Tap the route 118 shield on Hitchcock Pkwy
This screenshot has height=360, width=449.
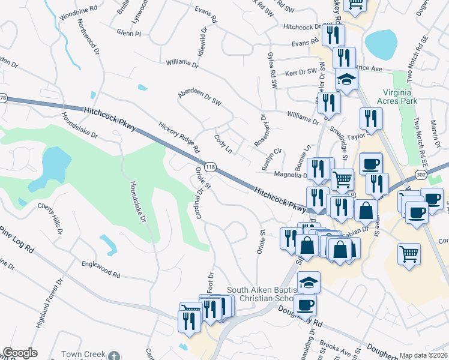pos(210,166)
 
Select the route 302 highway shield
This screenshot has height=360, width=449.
pos(421,174)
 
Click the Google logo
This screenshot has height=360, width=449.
pos(20,353)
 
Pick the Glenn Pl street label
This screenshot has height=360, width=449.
pos(129,34)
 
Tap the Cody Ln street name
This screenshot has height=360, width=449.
pos(223,143)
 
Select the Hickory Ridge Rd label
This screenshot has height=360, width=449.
pos(178,137)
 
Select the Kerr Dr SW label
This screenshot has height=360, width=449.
pos(300,71)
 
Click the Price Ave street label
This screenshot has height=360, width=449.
pos(369,69)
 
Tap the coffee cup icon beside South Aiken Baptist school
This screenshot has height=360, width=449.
pos(306,304)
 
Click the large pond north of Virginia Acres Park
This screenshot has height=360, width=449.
pos(381,42)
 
